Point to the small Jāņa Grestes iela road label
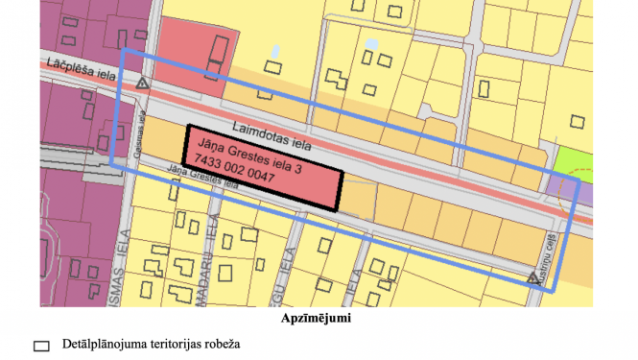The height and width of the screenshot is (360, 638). coord(201,179)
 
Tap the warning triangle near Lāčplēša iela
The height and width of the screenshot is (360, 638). coord(142,84)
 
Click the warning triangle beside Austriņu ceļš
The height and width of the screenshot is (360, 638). coord(532,278)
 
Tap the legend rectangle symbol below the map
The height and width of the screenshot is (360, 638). coord(41,345)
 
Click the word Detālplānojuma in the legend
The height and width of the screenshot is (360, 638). coord(102,344)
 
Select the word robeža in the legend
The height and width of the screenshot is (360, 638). coord(218,344)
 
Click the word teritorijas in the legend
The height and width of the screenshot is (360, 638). coord(172,344)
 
